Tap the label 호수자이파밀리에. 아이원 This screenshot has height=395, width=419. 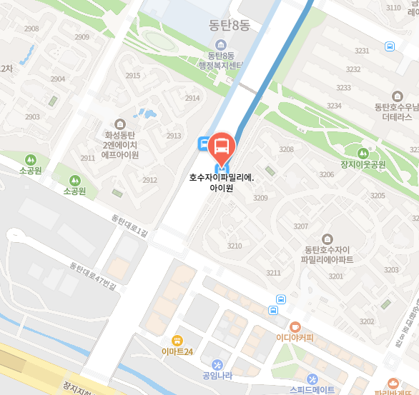(x=222, y=184)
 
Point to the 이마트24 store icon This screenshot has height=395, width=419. (x=177, y=340)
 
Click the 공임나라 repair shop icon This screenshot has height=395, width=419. (x=217, y=364)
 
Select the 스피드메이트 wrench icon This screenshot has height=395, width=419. (x=312, y=379)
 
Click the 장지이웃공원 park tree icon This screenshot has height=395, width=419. (x=363, y=152)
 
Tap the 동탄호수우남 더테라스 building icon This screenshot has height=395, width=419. (x=398, y=96)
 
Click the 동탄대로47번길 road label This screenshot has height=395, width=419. (x=92, y=275)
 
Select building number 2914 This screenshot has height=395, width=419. (x=192, y=99)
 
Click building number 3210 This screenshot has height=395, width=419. (x=235, y=246)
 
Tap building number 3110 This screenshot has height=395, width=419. (x=393, y=8)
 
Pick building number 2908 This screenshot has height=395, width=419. (x=31, y=29)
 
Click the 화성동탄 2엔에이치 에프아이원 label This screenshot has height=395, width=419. (x=119, y=144)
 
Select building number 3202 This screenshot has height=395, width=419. (x=367, y=321)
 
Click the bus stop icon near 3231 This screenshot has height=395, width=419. (x=390, y=46)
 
